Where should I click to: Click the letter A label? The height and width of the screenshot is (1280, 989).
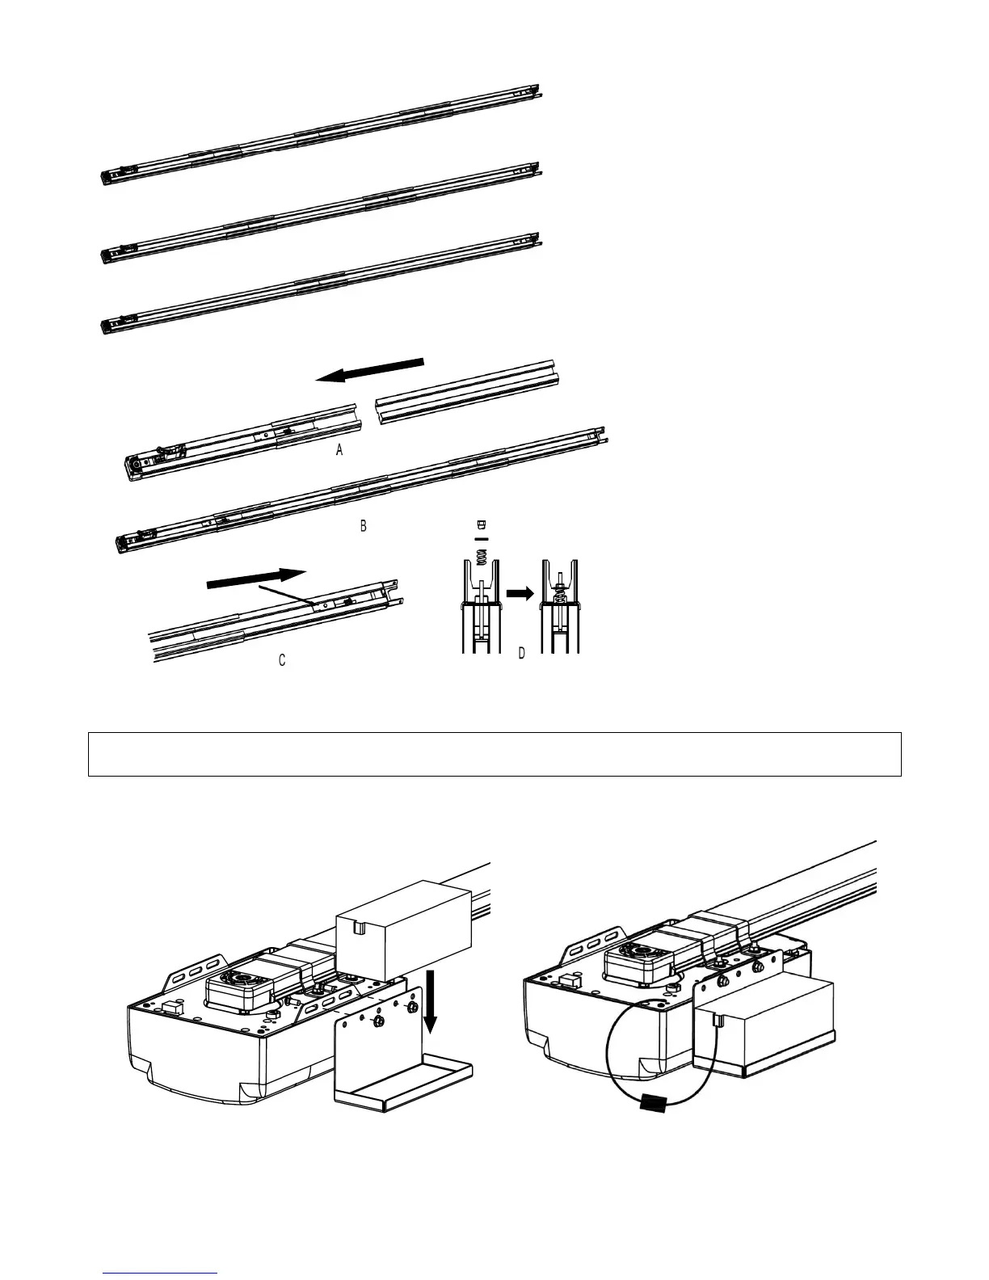[340, 452]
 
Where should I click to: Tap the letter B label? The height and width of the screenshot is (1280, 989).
[364, 526]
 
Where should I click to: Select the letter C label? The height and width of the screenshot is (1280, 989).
[282, 660]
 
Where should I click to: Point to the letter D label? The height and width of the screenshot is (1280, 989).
[521, 654]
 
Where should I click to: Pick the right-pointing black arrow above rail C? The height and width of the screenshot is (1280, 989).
[256, 579]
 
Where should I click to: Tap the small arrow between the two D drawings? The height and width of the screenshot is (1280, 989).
[520, 592]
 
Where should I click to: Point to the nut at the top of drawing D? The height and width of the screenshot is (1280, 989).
[482, 525]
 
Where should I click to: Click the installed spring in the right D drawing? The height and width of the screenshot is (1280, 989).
[559, 592]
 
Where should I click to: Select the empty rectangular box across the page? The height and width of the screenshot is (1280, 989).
[494, 754]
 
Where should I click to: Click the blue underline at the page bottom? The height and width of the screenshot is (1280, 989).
[161, 1273]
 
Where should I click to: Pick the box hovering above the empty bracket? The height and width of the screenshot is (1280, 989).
[404, 929]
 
